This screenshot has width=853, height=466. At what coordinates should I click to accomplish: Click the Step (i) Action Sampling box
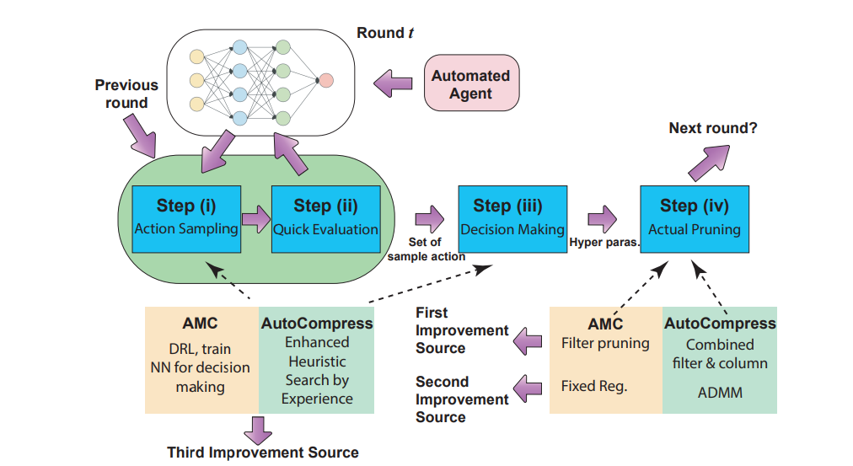(x=186, y=217)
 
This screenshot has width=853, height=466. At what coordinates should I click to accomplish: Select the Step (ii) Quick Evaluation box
(x=325, y=217)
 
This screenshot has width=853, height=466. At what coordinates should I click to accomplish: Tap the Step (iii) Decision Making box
(x=512, y=217)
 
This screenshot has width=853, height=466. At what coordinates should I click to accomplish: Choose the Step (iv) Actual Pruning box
(x=694, y=217)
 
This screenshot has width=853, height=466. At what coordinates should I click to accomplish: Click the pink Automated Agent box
(x=470, y=84)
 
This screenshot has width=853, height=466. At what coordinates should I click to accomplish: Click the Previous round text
(x=126, y=94)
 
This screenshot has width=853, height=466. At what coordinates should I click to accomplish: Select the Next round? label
(x=712, y=128)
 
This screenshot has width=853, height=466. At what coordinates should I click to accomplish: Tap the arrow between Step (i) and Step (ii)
(x=255, y=219)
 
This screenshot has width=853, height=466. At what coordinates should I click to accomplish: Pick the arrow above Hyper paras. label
(x=603, y=219)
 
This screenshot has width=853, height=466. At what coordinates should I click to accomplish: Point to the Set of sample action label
(x=426, y=250)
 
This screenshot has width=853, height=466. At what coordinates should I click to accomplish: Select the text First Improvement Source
(x=462, y=330)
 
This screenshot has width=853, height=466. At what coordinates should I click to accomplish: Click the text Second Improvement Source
(x=462, y=399)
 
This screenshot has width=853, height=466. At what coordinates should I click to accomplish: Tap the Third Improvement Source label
(x=262, y=453)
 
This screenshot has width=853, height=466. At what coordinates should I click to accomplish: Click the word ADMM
(x=720, y=392)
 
